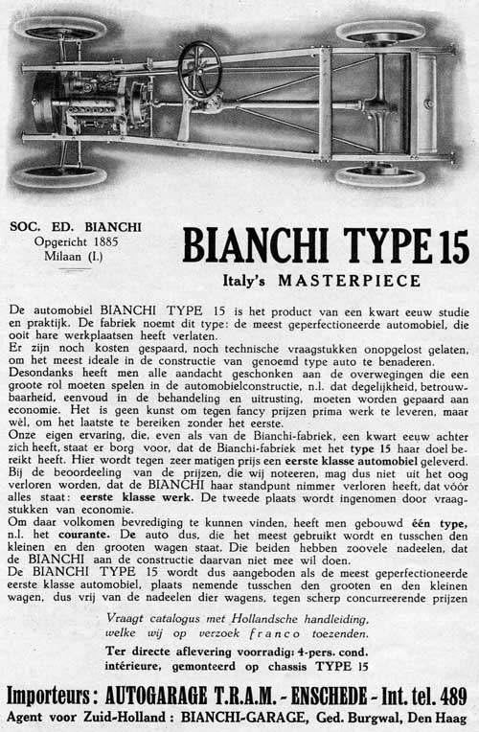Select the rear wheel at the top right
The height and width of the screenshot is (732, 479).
point(380,31)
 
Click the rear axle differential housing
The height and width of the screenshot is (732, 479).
point(380,103)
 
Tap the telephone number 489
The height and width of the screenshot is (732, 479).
point(448,695)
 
